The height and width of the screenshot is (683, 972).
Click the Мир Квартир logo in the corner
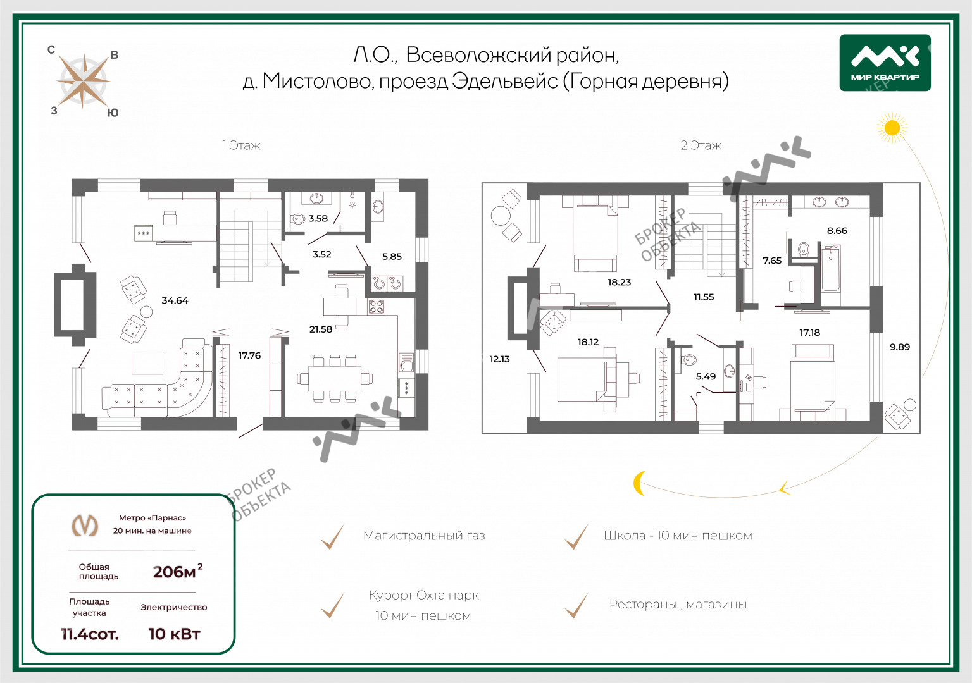885,63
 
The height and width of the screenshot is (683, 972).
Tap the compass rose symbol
83,81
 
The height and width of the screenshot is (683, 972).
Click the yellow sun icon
892,128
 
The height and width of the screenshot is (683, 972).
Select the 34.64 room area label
175,300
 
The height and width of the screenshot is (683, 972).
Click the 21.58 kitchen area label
321,329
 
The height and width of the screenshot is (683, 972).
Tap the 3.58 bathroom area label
318,219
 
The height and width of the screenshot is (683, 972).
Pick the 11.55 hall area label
704,297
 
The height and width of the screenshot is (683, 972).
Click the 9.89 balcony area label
900,347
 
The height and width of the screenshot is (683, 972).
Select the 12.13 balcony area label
499,359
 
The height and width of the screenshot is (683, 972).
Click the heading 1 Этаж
241,145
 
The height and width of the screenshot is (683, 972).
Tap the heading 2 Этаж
701,145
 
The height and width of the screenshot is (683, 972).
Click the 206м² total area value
177,571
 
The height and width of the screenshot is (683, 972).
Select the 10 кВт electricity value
175,634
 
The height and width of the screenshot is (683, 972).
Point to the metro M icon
85,525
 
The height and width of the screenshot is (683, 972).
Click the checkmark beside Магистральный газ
333,536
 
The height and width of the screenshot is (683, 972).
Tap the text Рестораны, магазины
678,605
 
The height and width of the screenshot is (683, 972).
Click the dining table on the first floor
335,379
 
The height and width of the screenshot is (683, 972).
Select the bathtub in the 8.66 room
831,268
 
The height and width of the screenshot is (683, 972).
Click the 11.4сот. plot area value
90,634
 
